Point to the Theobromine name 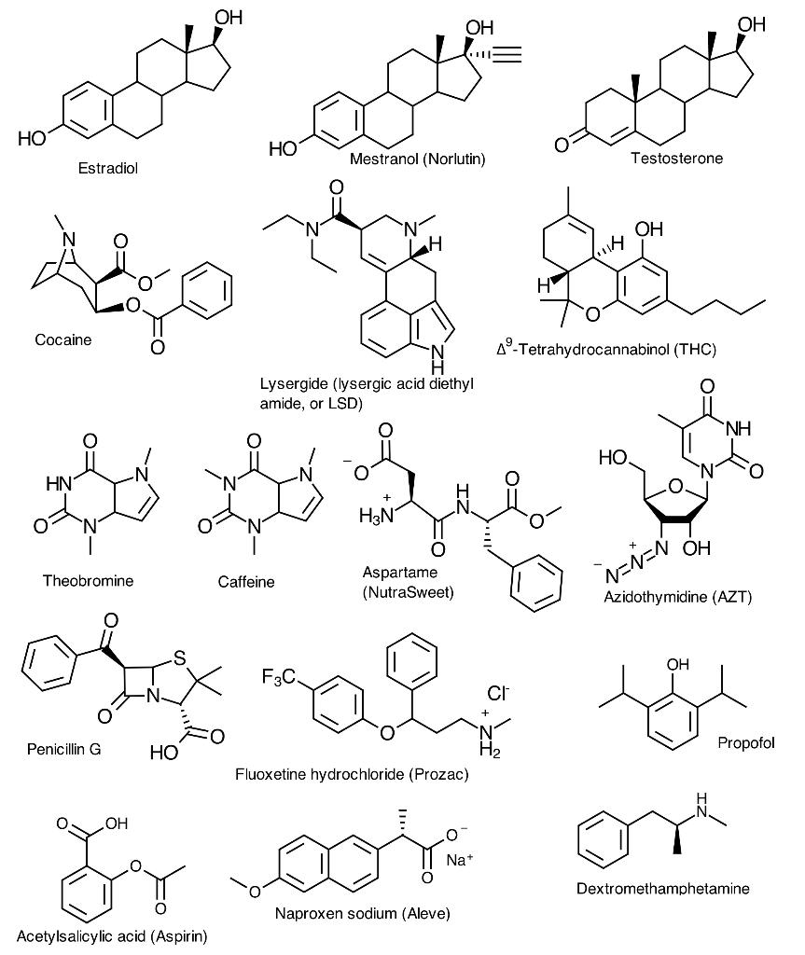point(88,581)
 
